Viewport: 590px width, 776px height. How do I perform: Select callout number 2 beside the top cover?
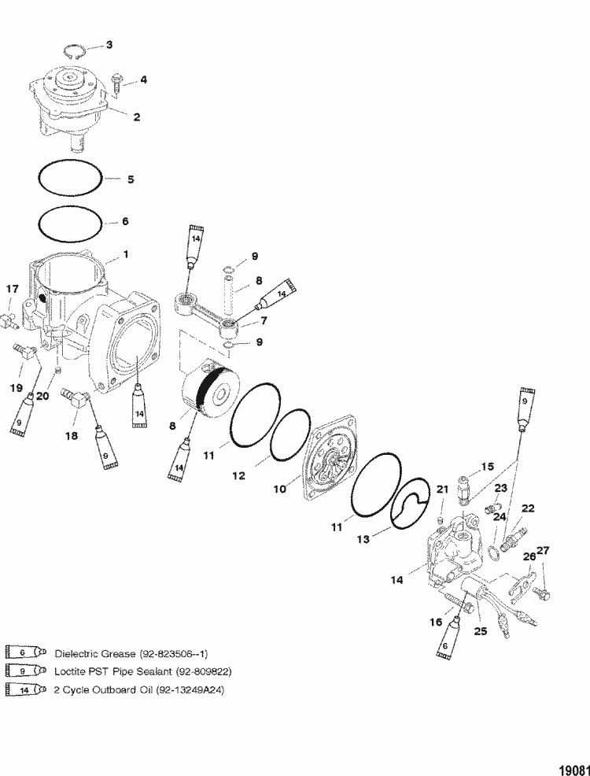(136, 117)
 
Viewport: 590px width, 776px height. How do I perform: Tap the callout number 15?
(488, 467)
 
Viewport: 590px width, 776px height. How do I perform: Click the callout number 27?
(544, 550)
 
